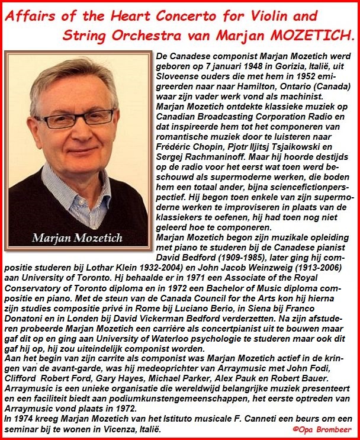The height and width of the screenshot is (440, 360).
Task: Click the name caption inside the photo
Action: coord(78,239)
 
